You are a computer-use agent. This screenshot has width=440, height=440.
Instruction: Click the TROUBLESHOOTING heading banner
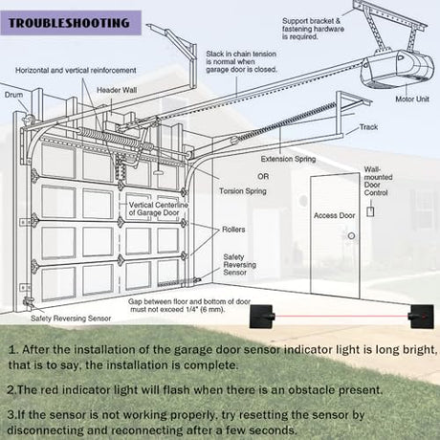71,23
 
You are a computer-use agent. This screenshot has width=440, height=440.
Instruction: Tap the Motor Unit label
412,99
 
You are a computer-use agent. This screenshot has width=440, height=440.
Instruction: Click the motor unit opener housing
397,70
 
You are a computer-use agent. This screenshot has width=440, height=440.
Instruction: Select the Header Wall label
117,90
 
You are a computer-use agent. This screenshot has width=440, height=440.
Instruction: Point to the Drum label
13,95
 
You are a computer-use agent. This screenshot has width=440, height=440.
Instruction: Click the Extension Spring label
288,159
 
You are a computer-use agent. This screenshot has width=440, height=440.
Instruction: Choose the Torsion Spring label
243,191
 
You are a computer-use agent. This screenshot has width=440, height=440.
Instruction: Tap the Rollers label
233,230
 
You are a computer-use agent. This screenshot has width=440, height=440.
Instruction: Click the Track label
368,127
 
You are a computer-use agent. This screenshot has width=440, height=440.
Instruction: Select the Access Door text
334,215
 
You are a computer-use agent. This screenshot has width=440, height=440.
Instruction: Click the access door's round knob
351,236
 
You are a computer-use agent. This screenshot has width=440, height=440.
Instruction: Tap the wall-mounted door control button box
370,211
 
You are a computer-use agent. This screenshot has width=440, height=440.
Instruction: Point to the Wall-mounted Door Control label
378,181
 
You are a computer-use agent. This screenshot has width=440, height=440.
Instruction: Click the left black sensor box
261,317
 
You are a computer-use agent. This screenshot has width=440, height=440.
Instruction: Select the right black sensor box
422,317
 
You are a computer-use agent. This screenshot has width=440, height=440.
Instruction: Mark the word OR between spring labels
263,176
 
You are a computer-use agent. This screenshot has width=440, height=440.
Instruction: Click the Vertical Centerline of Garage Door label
159,209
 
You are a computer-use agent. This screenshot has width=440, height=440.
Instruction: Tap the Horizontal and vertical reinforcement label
76,70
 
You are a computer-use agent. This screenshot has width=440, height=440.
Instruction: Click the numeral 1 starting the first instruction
12,350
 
